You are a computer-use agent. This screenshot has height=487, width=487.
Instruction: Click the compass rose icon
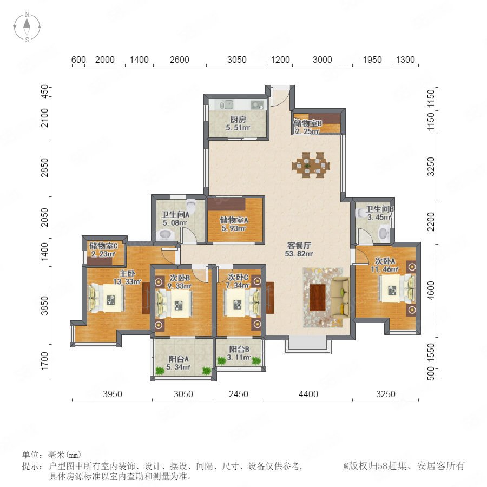pos(27,27)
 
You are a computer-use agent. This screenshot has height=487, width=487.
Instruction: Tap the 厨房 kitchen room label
pos(238,119)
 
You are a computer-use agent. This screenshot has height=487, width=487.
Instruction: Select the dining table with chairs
pos(311,165)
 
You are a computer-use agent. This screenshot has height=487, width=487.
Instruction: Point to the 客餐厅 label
pos(299,246)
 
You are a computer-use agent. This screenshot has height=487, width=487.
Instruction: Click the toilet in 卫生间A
pos(190,205)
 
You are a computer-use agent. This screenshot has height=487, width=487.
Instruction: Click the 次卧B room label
pos(180,278)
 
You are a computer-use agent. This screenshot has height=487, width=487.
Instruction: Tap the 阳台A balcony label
pos(179,359)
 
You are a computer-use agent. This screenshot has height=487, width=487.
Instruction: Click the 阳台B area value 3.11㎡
pos(239,358)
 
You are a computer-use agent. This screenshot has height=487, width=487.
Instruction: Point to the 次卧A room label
pos(385,261)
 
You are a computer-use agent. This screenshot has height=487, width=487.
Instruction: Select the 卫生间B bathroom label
pos(379,209)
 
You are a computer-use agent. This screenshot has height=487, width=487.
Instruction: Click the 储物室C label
pos(103,246)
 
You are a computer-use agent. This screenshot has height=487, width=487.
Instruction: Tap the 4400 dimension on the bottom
pos(308,394)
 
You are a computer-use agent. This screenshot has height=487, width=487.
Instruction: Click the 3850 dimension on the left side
pos(45,306)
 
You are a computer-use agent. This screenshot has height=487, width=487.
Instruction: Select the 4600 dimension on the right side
pos(431,291)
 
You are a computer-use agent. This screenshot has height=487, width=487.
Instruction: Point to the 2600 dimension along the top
pos(180,60)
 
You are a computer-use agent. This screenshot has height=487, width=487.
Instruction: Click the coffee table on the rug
pos(318,297)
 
